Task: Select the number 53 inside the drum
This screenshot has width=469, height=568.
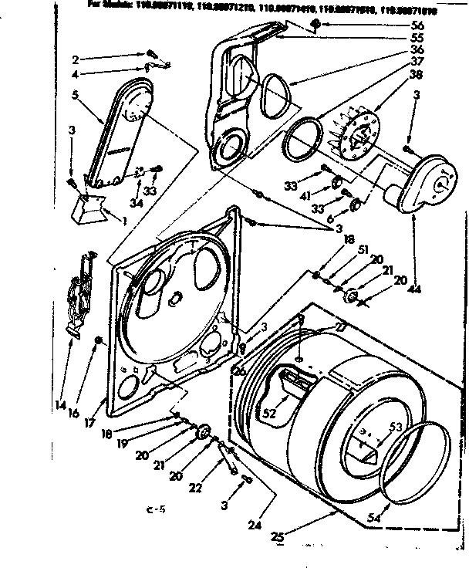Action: [x=396, y=425]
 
